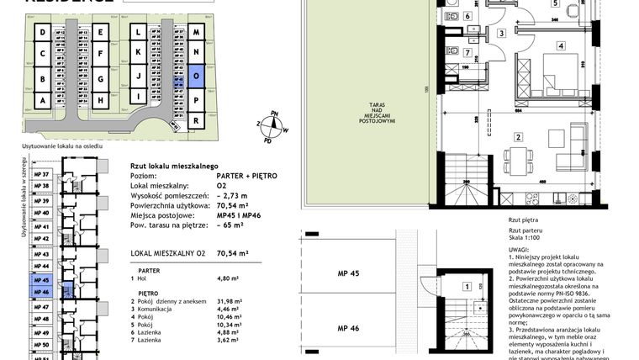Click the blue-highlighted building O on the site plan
point(196,74)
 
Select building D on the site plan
point(42,33)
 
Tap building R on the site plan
point(196,120)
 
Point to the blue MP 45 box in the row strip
point(42,280)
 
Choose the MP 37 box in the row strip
point(42,174)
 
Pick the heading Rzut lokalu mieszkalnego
point(175,167)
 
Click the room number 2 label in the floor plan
point(520,136)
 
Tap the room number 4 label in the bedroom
point(560,46)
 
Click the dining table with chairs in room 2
point(516,157)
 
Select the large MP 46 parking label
point(348,328)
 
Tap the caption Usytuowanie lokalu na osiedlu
point(64,146)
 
